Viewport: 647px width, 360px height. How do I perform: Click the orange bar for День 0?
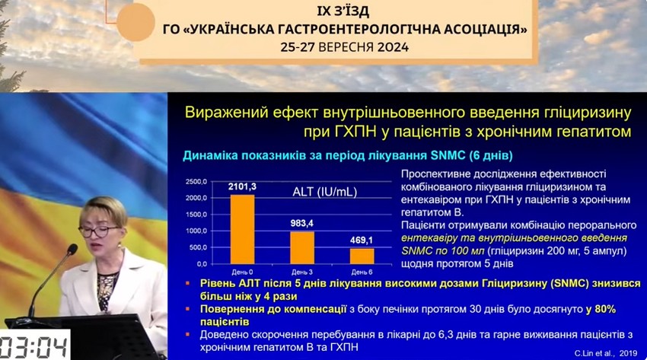242,229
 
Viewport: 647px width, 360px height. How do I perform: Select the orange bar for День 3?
302,247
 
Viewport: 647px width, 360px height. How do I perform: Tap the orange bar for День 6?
362,256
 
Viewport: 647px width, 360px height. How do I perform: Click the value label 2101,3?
242,186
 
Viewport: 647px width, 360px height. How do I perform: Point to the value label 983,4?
301,224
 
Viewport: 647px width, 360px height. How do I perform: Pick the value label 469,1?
362,240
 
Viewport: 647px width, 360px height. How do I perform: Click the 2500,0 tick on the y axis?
196,181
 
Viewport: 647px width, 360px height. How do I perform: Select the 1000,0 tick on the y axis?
196,231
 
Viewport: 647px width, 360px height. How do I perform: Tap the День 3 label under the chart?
302,272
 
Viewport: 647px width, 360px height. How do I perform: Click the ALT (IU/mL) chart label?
325,192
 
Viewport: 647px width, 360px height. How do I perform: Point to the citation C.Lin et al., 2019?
606,353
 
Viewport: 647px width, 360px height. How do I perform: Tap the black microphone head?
72,249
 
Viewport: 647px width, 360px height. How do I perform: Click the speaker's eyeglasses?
98,231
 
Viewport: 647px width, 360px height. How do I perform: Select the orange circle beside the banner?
135,22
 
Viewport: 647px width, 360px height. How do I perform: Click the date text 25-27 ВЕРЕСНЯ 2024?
345,47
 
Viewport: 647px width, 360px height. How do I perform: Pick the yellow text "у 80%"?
601,309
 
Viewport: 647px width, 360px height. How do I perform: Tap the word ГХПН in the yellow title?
352,132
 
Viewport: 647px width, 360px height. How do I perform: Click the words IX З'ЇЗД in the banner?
343,11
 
